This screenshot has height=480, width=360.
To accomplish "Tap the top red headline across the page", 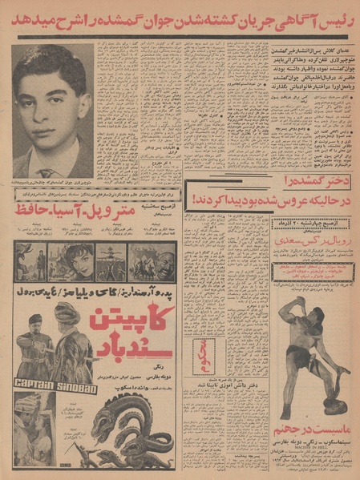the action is pos(180,18).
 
